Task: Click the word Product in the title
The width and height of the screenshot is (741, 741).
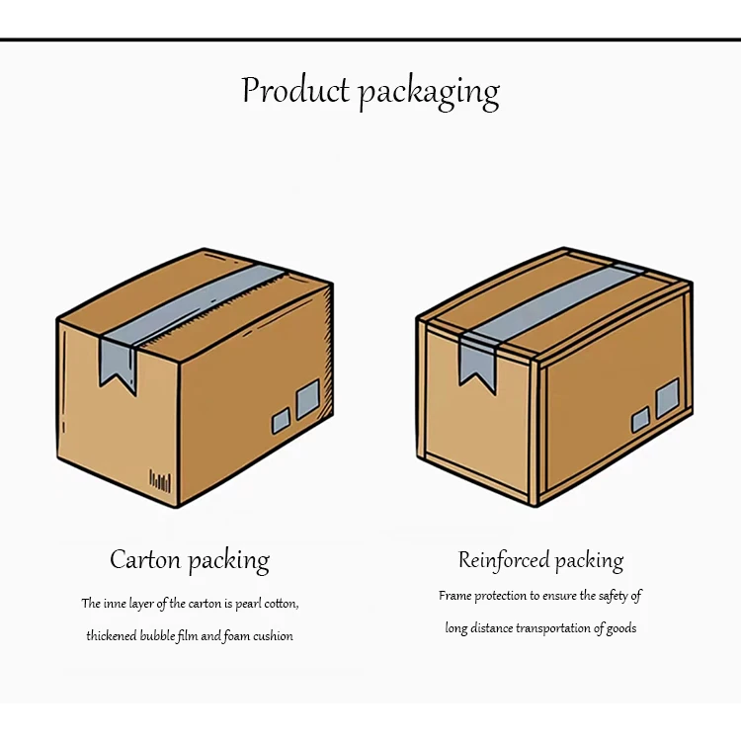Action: coord(295,90)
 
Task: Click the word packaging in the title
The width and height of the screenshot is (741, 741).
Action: coord(428,93)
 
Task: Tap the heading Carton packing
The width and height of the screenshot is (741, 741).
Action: coord(190,561)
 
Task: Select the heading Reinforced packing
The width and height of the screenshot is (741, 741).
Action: coord(540,561)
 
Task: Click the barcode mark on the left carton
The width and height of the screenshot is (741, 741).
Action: coord(160,481)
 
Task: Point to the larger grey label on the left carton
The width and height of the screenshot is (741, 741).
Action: coord(307,397)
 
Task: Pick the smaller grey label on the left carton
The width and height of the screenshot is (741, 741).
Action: coord(282,422)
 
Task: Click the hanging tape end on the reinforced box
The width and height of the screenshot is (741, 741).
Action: coord(477,360)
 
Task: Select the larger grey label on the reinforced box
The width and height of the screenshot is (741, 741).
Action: coord(667,397)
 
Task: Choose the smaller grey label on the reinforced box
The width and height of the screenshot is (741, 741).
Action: coord(640,418)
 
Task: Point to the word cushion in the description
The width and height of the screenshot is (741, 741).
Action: coord(272,636)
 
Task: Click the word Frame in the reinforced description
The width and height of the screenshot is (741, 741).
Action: coord(454,596)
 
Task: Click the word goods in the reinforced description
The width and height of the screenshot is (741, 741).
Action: coord(620,628)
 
